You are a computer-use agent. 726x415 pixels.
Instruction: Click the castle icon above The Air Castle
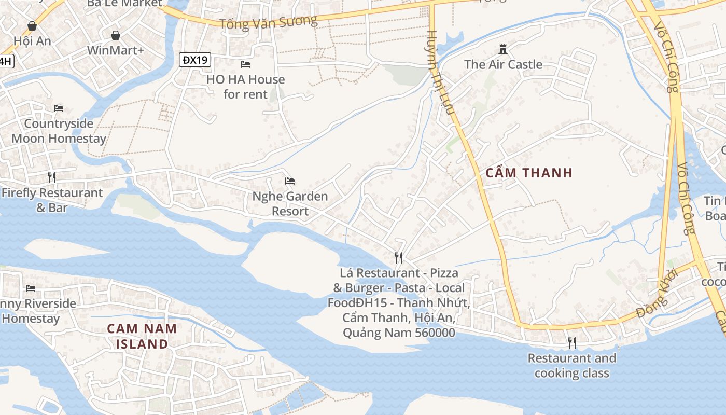[x=502, y=49]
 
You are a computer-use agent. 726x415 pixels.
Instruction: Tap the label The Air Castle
[x=503, y=65]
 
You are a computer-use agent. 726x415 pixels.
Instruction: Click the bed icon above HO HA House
[x=245, y=64]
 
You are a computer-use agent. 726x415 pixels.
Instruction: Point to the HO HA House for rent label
[x=246, y=87]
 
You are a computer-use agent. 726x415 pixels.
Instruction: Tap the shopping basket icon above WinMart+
[x=116, y=35]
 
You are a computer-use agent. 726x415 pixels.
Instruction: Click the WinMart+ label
[x=116, y=50]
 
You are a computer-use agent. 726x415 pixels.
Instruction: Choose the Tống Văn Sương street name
[x=268, y=22]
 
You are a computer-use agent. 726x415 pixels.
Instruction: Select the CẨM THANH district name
[x=529, y=173]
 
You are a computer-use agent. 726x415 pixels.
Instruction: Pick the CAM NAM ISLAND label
[x=142, y=336]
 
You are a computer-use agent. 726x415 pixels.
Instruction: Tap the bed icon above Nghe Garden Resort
[x=290, y=181]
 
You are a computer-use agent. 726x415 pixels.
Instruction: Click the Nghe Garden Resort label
[x=290, y=204]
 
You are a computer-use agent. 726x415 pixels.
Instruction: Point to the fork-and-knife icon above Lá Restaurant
[x=399, y=257]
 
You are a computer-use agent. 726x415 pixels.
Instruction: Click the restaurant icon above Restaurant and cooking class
[x=571, y=343]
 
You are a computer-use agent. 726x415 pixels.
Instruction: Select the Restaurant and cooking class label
[x=571, y=366]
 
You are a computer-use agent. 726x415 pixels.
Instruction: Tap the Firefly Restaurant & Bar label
[x=52, y=200]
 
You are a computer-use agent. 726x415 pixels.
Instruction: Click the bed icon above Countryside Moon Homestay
[x=59, y=108]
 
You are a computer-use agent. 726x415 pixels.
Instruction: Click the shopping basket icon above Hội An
[x=32, y=26]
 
